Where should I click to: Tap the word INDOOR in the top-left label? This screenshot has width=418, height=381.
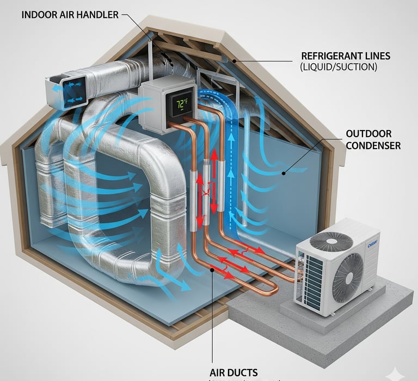pos(39,15)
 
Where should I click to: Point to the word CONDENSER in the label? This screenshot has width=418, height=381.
pos(373,145)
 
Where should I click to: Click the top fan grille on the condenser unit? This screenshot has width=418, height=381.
pos(331,241)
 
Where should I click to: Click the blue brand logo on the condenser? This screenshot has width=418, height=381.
pos(372,243)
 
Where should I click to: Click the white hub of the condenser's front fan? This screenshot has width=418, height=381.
pos(347,277)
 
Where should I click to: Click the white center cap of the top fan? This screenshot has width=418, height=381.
pos(331,241)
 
